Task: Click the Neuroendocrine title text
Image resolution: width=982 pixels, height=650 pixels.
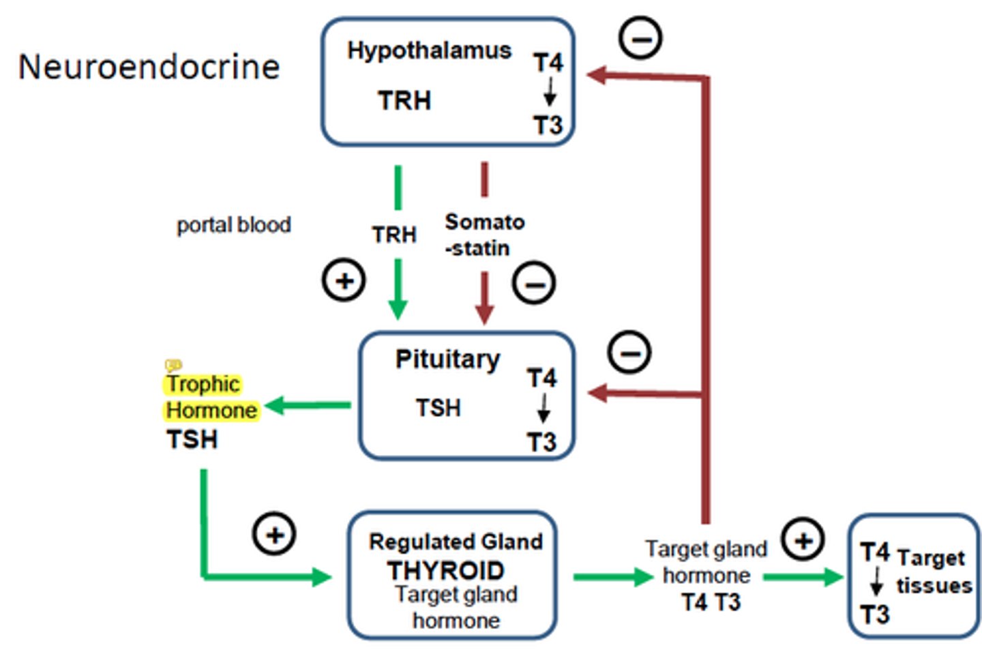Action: (149, 67)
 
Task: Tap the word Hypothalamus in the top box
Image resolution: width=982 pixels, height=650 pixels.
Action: (429, 50)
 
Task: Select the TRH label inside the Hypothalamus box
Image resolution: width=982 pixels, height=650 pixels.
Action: (404, 101)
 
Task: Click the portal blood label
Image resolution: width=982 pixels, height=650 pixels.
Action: (233, 224)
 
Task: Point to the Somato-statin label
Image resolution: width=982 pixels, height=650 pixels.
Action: (483, 235)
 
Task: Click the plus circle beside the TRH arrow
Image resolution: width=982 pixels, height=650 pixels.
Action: (344, 280)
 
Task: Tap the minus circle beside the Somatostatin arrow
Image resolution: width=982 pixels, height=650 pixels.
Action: (534, 282)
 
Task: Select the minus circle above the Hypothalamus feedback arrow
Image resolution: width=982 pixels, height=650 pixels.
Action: (640, 38)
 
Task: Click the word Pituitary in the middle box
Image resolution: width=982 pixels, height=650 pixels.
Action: (447, 359)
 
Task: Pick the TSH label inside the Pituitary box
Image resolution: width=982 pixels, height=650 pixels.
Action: (438, 408)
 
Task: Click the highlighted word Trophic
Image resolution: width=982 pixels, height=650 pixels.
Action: (203, 384)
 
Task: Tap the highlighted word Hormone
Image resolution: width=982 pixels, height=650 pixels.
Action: (211, 411)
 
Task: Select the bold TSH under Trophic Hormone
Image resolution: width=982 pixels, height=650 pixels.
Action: (192, 440)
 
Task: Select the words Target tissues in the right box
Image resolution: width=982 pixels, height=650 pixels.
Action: (933, 572)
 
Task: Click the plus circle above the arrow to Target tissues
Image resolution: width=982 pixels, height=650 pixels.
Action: (803, 540)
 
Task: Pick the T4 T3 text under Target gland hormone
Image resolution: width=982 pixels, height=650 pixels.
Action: (711, 602)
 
